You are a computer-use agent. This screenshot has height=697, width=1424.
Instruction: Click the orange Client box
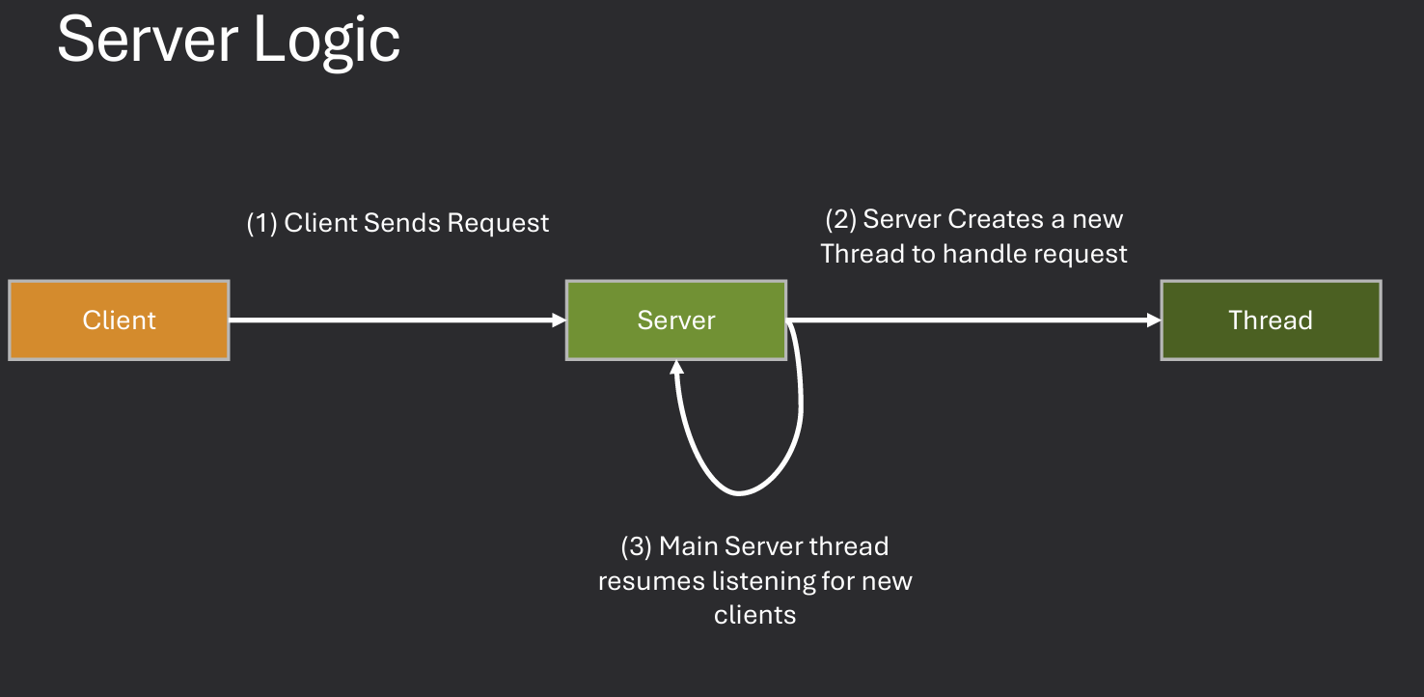(119, 321)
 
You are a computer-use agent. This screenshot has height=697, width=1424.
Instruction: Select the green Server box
(675, 321)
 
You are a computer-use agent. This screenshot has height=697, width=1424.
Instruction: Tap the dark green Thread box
(1270, 321)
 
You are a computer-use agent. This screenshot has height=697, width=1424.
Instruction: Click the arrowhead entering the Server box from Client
(559, 321)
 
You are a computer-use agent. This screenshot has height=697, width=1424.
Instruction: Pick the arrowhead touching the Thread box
(1153, 321)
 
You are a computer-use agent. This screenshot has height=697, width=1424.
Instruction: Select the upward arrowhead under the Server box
(677, 368)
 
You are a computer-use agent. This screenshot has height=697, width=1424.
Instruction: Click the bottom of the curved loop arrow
(738, 492)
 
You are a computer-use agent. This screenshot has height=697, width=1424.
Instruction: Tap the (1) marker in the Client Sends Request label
(261, 223)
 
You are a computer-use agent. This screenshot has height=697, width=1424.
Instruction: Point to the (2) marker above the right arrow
(840, 219)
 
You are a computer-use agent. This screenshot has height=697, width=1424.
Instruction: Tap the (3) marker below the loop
(636, 546)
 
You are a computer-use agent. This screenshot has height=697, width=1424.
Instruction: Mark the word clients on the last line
(754, 615)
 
